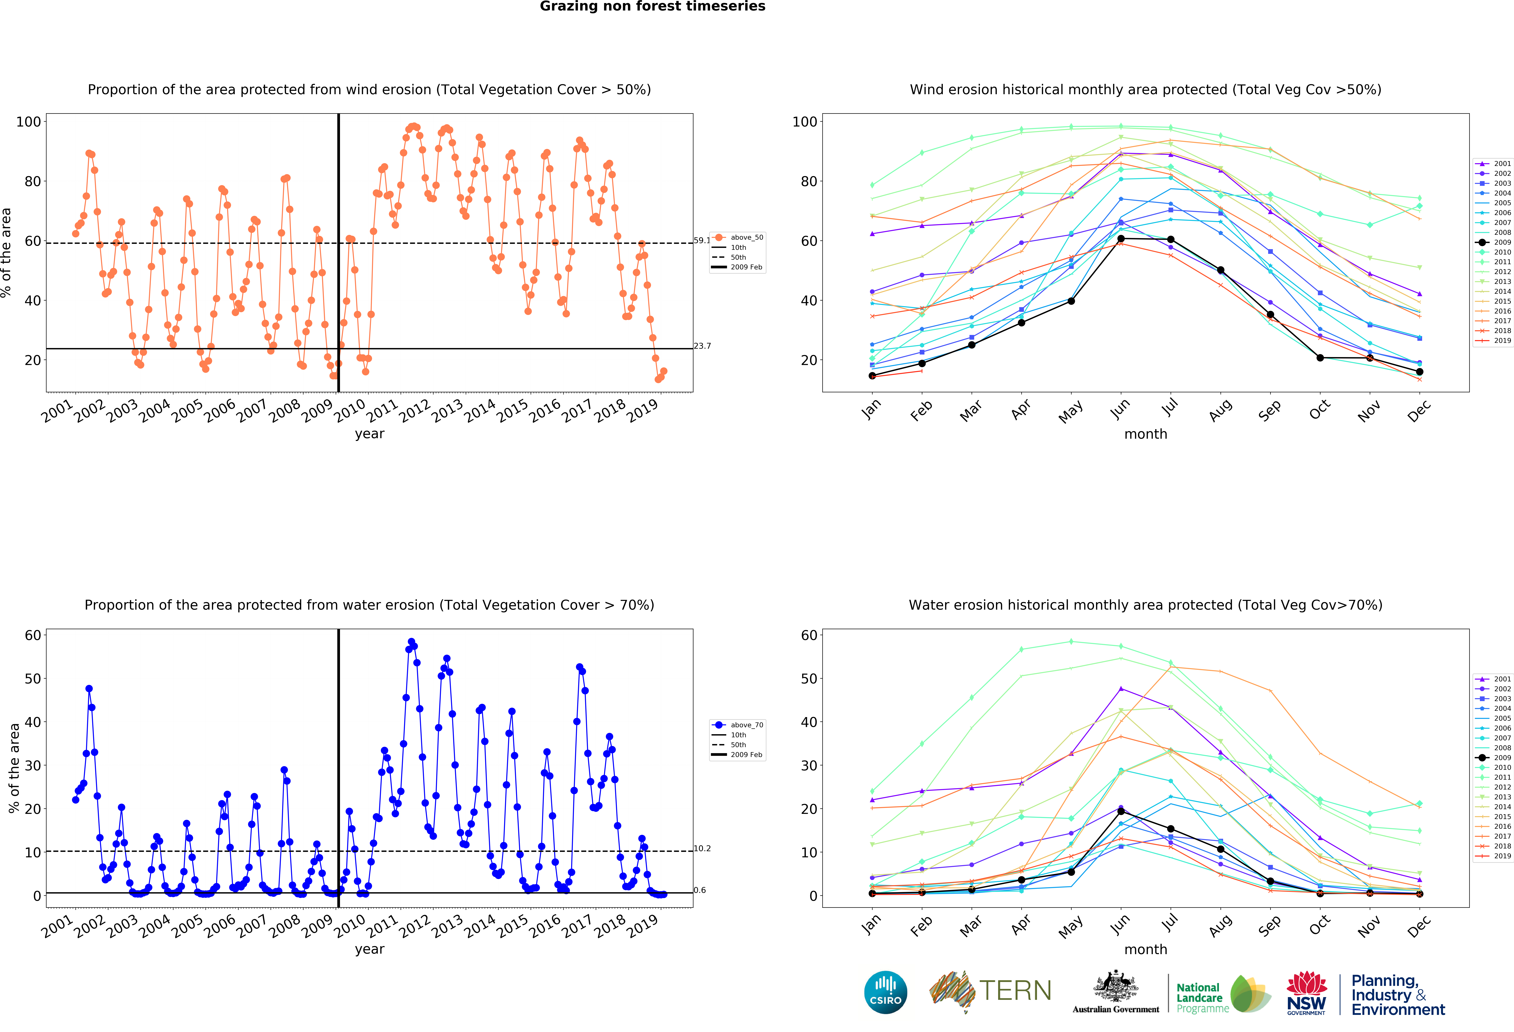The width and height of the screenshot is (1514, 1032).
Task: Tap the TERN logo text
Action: [x=1015, y=991]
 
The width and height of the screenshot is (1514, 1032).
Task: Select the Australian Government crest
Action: [x=1116, y=986]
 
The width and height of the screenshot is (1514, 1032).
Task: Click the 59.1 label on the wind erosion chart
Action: [x=702, y=240]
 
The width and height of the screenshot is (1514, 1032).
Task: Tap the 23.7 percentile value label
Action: [x=702, y=346]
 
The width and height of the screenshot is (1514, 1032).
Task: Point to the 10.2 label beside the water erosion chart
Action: [x=702, y=848]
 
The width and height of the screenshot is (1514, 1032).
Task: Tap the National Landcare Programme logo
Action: [x=1223, y=994]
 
